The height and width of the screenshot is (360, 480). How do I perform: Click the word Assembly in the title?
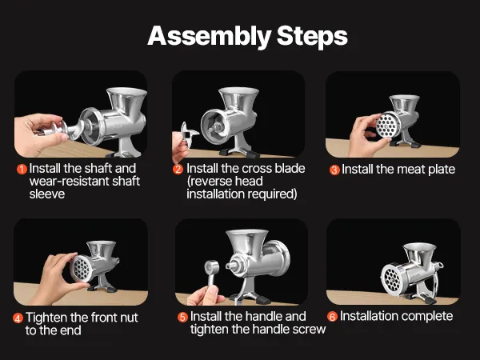[x=209, y=37]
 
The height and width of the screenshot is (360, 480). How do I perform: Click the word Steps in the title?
[x=312, y=37]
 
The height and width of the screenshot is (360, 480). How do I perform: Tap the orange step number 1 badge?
[x=22, y=169]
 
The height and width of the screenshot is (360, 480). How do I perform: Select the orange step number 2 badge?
[x=178, y=169]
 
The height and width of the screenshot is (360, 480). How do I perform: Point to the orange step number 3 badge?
[x=334, y=170]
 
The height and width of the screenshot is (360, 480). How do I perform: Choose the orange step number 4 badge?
[x=18, y=318]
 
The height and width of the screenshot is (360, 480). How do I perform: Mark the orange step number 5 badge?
[x=182, y=317]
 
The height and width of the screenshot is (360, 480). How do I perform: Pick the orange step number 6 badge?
[x=332, y=317]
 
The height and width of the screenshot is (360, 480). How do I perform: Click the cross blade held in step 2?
[x=189, y=133]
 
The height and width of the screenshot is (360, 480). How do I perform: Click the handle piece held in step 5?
[x=212, y=274]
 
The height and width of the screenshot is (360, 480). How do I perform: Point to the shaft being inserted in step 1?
[x=62, y=130]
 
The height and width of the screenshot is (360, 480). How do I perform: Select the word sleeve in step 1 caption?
[x=47, y=194]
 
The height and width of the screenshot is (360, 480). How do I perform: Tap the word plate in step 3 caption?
[x=441, y=170]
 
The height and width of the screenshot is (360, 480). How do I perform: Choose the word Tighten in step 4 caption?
[x=46, y=318]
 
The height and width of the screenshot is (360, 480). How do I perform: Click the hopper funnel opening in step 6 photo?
[x=419, y=247]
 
